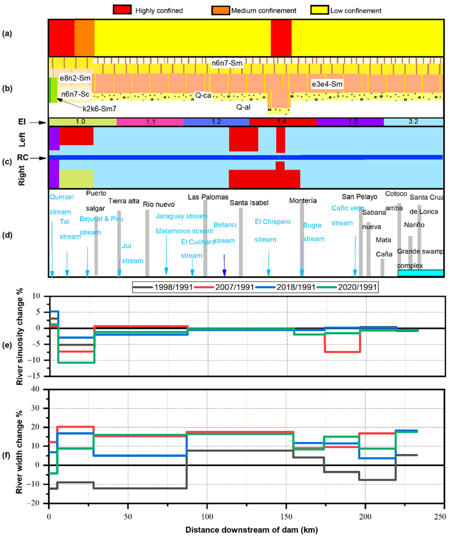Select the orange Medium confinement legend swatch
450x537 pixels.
pyautogui.click(x=221, y=10)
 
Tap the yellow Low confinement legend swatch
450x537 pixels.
pyautogui.click(x=319, y=10)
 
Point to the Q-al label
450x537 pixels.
pyautogui.click(x=243, y=107)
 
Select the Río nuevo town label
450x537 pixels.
pyautogui.click(x=159, y=204)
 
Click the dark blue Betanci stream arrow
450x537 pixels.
pyautogui.click(x=224, y=266)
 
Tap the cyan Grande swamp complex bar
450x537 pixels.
pyautogui.click(x=420, y=273)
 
